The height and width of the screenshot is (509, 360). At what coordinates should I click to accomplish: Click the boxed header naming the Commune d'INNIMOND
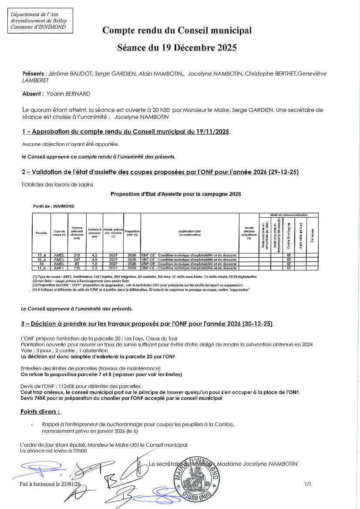pyautogui.click(x=41, y=20)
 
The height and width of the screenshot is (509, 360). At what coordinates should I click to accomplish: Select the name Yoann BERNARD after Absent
pyautogui.click(x=69, y=94)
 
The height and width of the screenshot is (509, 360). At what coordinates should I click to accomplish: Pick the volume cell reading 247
pyautogui.click(x=77, y=260)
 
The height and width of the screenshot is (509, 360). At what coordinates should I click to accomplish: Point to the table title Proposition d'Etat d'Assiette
pyautogui.click(x=175, y=194)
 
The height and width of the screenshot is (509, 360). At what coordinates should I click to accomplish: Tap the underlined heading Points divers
pyautogui.click(x=40, y=412)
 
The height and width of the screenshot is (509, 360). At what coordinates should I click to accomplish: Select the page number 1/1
pyautogui.click(x=308, y=483)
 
